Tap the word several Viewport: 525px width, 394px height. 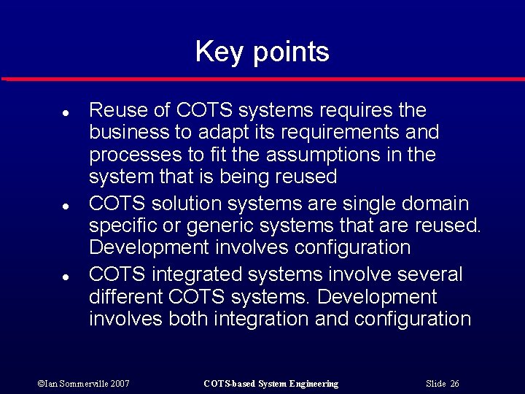pyautogui.click(x=429, y=274)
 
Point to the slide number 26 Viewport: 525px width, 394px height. pyautogui.click(x=455, y=384)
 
